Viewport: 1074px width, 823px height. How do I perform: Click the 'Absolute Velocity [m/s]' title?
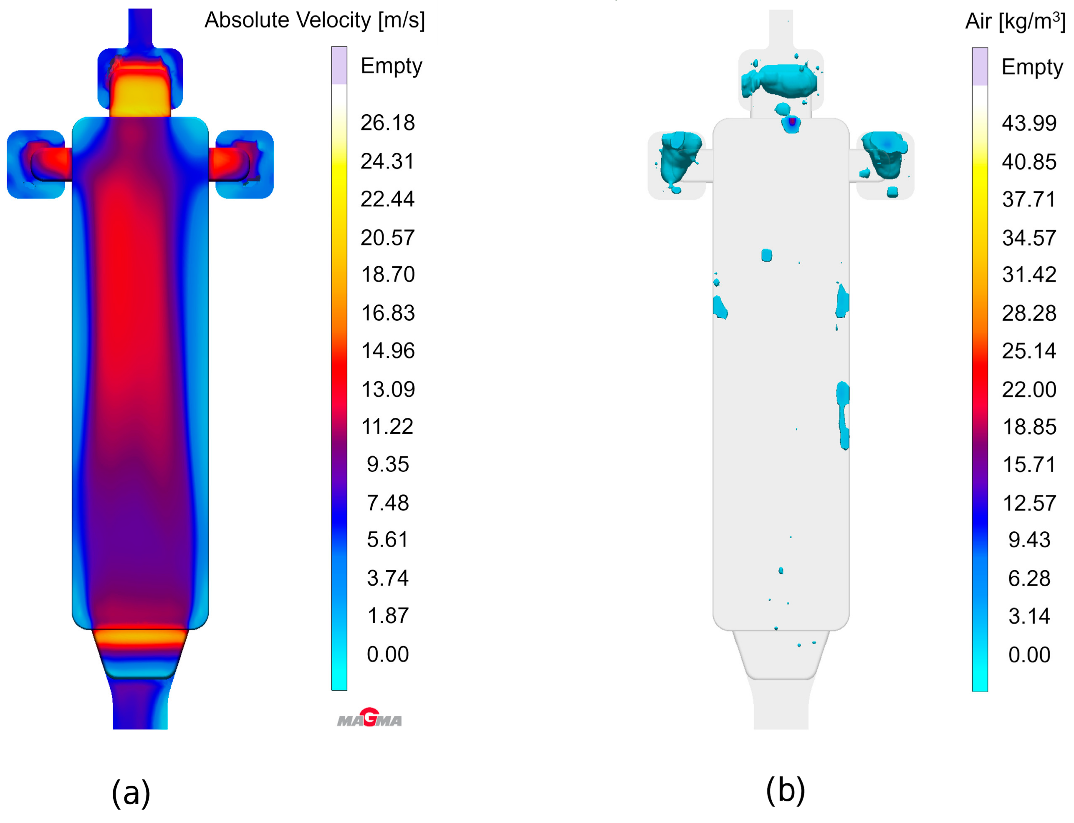tap(314, 20)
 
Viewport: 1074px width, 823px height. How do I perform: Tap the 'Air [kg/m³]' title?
tap(1015, 21)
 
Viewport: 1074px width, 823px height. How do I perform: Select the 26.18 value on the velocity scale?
tap(387, 123)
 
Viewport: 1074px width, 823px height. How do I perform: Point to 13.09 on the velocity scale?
tap(388, 390)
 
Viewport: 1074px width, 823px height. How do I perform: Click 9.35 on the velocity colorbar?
tap(387, 464)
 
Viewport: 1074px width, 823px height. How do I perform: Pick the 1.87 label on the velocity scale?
tap(387, 616)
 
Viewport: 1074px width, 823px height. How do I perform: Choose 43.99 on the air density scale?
tap(1029, 123)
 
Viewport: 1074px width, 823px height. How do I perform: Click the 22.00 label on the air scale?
tap(1029, 390)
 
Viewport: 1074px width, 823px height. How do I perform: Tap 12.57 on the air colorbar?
tap(1029, 503)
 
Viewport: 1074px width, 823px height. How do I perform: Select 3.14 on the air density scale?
tap(1029, 616)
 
